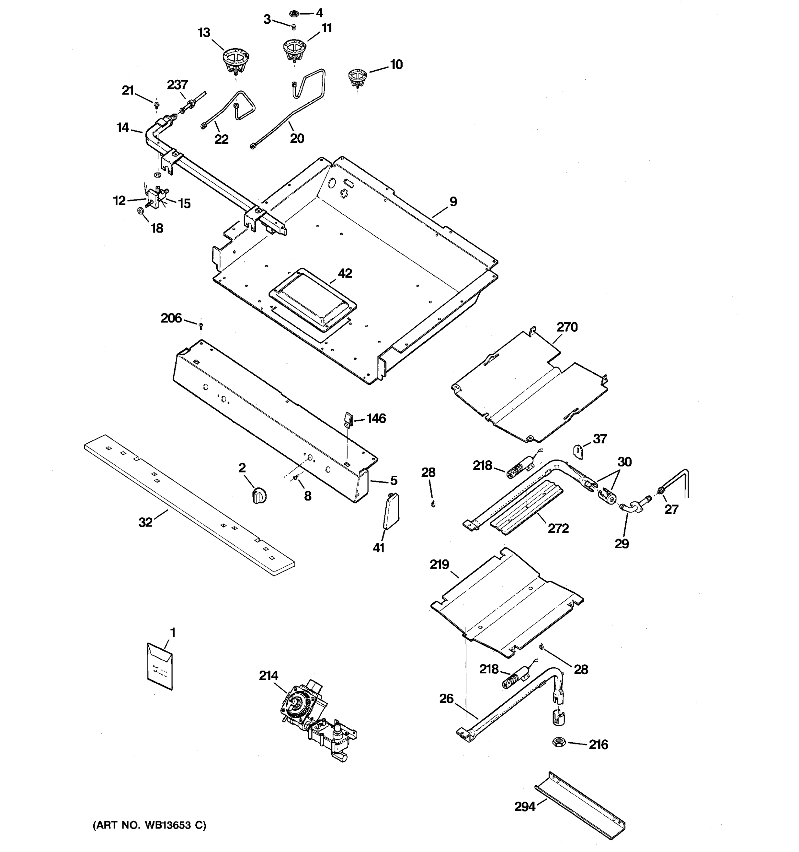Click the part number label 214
click(x=268, y=676)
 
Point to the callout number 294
click(x=524, y=807)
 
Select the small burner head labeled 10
click(x=357, y=77)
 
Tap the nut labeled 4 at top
click(x=294, y=13)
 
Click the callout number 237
click(x=178, y=84)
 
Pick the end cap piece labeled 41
click(x=391, y=511)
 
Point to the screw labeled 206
click(x=201, y=327)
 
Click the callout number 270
click(x=567, y=327)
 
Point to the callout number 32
click(x=145, y=522)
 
